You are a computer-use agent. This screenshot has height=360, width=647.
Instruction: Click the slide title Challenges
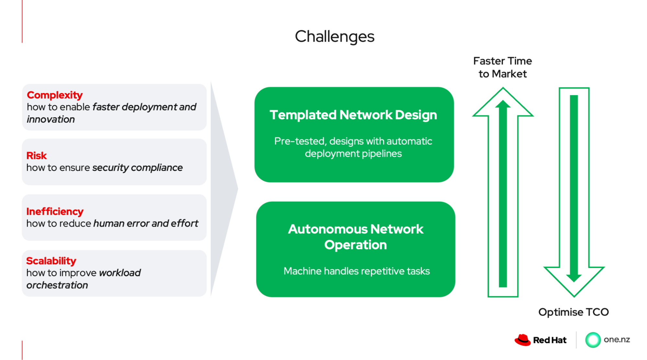point(334,37)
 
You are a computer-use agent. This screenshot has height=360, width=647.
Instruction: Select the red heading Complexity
point(55,95)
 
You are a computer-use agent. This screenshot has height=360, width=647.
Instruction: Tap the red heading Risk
point(37,156)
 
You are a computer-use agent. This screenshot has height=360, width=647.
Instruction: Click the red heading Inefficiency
point(55,211)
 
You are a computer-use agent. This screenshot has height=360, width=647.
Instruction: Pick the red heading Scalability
point(51,261)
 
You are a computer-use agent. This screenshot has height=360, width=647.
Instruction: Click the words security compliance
point(138,168)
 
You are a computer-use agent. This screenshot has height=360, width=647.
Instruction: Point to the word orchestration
point(57,285)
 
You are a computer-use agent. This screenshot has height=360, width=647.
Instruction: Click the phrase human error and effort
point(146,223)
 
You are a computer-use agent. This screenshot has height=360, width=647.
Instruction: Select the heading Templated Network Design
point(353,115)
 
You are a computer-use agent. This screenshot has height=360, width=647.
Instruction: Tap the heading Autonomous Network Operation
point(355,237)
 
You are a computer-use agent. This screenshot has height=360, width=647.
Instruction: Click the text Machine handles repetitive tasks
point(356,271)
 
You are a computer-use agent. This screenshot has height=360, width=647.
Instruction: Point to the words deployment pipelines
point(353,153)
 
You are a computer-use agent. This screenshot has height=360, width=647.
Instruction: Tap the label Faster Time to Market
point(502,67)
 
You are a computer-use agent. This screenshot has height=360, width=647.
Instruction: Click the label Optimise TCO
point(573,312)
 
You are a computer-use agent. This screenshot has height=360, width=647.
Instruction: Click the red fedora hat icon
point(522,340)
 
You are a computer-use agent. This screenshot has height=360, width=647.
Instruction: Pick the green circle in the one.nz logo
point(593,340)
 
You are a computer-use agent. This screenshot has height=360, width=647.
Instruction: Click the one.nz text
point(617,340)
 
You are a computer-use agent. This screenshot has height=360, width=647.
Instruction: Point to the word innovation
point(51,119)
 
